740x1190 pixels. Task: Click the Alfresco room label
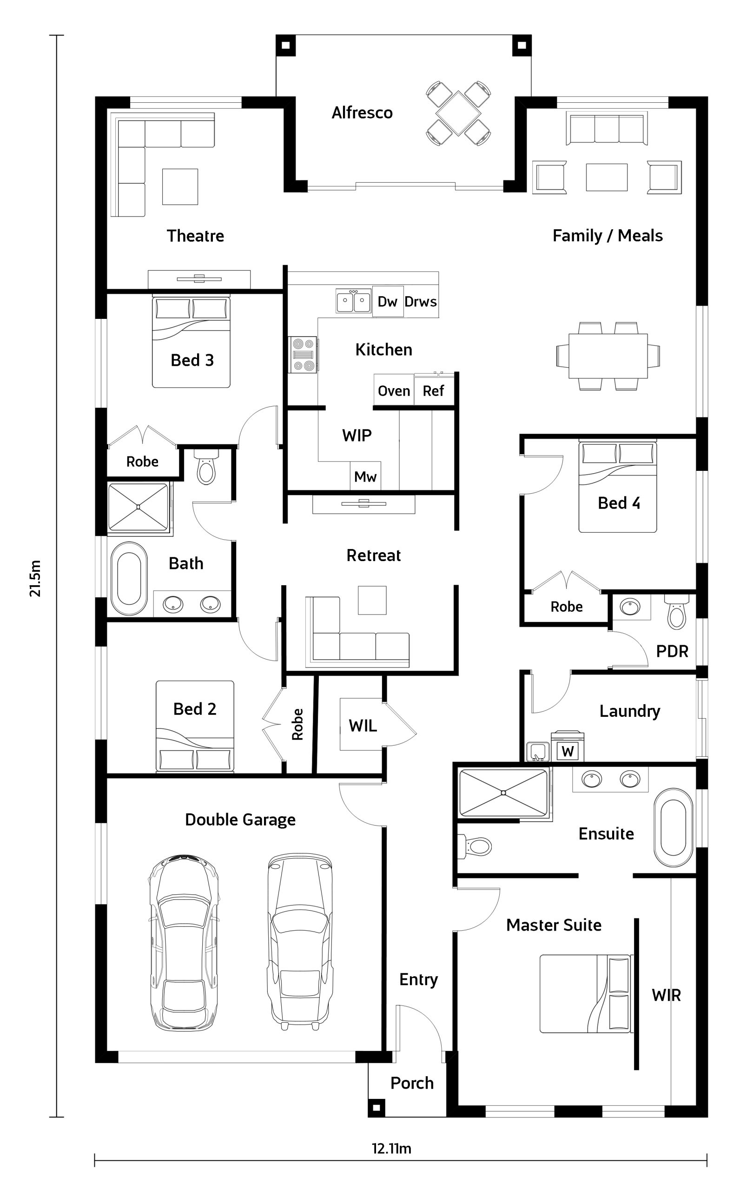[362, 113]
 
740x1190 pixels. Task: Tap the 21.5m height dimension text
[35, 578]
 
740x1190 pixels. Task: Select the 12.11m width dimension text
[391, 1149]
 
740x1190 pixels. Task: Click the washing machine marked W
[568, 746]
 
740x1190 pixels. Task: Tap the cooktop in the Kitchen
[303, 355]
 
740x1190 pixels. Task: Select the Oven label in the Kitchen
[394, 391]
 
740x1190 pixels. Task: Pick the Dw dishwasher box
[388, 301]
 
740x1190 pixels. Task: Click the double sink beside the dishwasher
[353, 301]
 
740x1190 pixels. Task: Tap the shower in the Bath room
[139, 507]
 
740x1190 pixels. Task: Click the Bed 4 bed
[618, 487]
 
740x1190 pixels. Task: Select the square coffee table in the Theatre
[180, 186]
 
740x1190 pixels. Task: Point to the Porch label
[412, 1084]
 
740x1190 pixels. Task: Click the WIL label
[363, 726]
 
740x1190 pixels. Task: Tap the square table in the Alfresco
[458, 113]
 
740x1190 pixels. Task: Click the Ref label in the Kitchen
[433, 391]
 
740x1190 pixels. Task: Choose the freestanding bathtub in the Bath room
[129, 578]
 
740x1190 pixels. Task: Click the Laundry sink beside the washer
[538, 752]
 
